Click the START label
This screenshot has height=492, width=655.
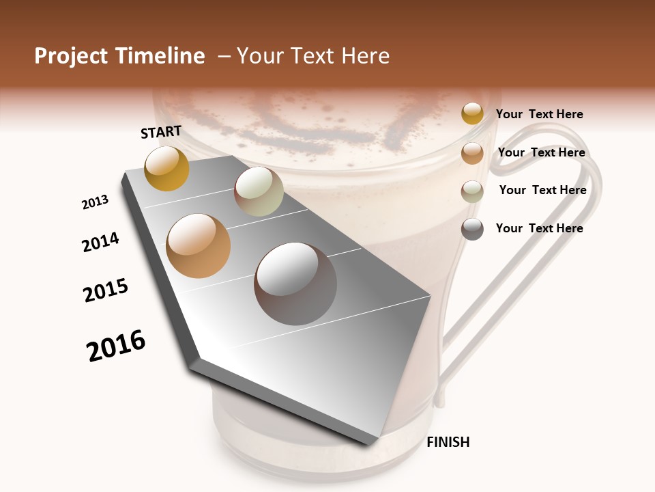click(161, 132)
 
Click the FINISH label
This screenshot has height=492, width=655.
click(448, 442)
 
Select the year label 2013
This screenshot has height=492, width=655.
click(95, 202)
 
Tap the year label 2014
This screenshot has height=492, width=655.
click(100, 242)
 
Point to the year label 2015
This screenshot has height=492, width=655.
click(106, 290)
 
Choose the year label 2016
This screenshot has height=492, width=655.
click(116, 346)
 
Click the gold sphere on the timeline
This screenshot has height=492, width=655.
click(166, 168)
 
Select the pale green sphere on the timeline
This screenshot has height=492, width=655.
click(259, 191)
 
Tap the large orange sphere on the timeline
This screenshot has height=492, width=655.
click(199, 246)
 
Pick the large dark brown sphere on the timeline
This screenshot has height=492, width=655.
click(295, 284)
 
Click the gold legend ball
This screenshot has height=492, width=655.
click(472, 113)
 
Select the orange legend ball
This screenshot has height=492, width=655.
click(472, 153)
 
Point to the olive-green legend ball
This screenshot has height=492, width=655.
click(472, 191)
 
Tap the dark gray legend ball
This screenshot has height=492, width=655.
click(472, 229)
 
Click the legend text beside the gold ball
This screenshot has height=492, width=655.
click(539, 115)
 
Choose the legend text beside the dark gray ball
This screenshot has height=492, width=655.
click(539, 228)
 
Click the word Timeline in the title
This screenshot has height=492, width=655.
click(160, 56)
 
